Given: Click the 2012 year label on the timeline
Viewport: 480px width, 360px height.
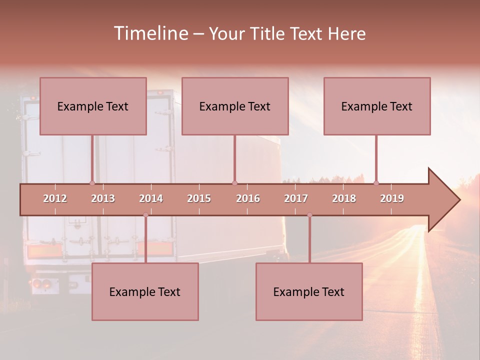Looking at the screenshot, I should [55, 198].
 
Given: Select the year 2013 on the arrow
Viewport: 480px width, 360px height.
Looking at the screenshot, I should [103, 198].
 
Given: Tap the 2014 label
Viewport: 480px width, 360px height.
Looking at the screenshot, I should [151, 198].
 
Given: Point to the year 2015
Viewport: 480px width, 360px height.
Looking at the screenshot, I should [199, 198].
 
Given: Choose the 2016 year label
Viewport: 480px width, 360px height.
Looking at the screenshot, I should [248, 198].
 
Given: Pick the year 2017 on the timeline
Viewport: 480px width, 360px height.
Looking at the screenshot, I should [296, 198].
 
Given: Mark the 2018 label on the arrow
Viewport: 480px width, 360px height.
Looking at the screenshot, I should [344, 198].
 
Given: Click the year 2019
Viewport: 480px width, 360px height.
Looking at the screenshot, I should [392, 198].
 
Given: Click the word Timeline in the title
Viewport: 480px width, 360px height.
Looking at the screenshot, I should [150, 33].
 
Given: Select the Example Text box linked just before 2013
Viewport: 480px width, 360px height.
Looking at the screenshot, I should [93, 106].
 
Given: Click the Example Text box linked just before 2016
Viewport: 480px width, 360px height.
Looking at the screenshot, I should [235, 106].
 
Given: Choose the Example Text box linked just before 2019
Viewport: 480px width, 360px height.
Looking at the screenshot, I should [377, 106].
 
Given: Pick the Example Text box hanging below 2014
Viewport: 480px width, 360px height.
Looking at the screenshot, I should [145, 291].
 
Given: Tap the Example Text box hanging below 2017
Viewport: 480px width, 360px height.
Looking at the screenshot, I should [309, 291].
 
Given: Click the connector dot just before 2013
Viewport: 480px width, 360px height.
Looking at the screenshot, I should [92, 183].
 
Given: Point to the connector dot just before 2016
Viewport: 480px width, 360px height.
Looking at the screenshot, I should [234, 183].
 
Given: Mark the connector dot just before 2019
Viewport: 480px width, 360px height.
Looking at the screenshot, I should [376, 183].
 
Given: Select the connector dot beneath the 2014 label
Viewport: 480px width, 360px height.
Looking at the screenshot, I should [145, 215].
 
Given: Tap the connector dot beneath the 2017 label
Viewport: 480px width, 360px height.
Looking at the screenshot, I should [309, 215].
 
